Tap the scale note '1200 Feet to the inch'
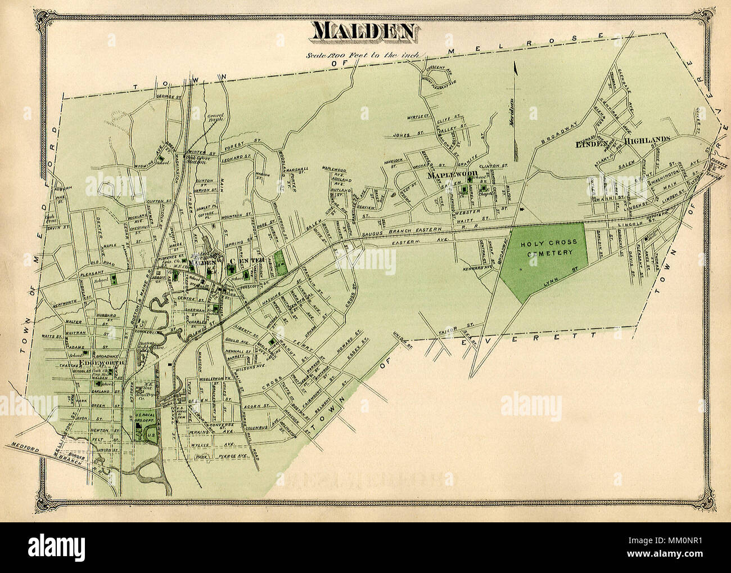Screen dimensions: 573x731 pos(366,55)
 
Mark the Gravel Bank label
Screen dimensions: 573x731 pos(214,116)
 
